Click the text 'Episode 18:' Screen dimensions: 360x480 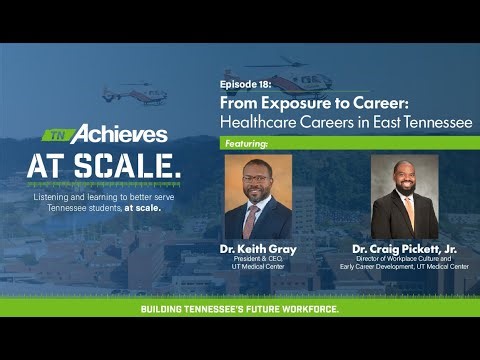tap(244, 86)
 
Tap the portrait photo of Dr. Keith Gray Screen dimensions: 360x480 tap(258, 196)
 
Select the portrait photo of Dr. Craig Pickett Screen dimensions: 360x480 tap(404, 196)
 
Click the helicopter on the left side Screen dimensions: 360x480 tap(133, 94)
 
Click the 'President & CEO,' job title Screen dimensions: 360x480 tap(258, 258)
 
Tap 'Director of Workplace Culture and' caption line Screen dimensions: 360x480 tap(404, 258)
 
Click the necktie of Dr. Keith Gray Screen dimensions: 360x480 tap(252, 217)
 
